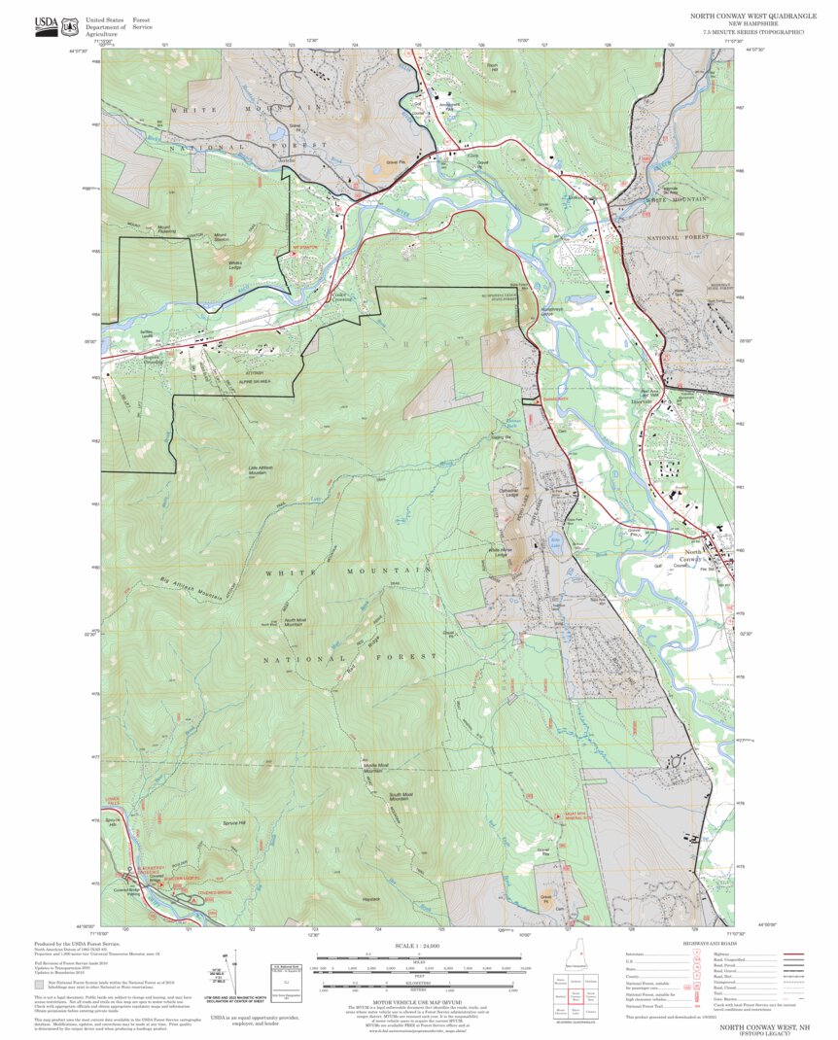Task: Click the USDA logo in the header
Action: tap(46, 26)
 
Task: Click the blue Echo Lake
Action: tap(555, 537)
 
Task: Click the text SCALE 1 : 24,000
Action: tap(417, 946)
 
